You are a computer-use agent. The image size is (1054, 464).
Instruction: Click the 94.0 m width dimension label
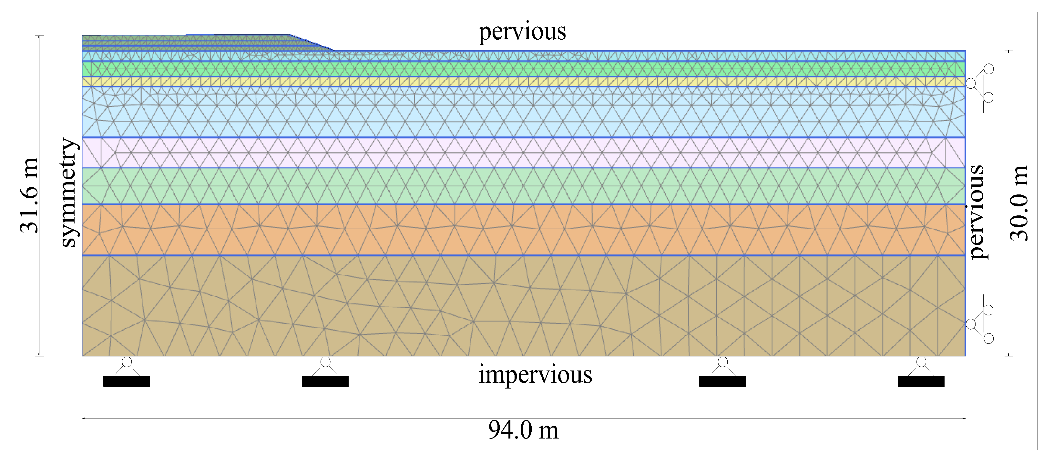pos(523,430)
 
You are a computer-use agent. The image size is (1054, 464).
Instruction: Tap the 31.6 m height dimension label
pos(29,195)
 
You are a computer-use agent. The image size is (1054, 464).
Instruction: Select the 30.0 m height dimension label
pos(1019,203)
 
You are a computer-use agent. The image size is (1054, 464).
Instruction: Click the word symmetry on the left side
pos(68,192)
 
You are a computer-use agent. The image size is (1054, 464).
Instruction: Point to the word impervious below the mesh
pos(535,374)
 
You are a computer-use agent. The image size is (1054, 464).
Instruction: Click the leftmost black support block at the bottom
pos(127,381)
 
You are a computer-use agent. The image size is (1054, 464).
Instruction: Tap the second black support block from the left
pos(325,381)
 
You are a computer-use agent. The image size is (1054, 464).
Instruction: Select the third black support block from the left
pos(722,381)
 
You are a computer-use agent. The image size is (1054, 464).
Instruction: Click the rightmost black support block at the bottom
pos(921,381)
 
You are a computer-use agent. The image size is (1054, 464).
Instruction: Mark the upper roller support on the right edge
pos(980,83)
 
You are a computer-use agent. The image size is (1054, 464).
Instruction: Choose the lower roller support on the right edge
pos(980,324)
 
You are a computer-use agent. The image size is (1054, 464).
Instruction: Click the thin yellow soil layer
pos(524,81)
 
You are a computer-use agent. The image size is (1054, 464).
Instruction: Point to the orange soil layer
pos(524,230)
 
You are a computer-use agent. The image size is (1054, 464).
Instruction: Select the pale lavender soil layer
pos(524,152)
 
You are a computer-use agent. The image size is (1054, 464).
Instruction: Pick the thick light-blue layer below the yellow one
pos(524,112)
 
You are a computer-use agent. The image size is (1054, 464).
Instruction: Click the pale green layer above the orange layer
pos(524,186)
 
